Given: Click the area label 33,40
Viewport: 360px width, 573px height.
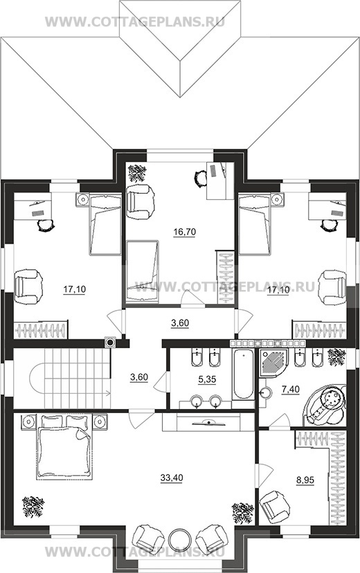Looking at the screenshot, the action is pos(172,477).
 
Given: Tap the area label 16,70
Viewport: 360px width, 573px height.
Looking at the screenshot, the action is pos(185,231).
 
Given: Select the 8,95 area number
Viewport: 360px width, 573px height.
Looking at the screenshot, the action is pos(305,480).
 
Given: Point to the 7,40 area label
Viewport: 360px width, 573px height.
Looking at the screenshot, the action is pos(291,390).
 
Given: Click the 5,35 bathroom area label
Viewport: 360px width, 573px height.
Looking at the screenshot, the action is pos(207,379).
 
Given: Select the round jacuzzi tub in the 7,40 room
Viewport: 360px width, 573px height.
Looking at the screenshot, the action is pos(324,404).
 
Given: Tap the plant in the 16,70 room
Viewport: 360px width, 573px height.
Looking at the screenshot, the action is pos(137,173).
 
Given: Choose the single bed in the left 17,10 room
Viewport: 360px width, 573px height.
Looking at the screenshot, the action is pos(105,224).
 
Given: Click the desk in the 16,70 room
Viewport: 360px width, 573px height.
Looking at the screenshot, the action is pos(219,181).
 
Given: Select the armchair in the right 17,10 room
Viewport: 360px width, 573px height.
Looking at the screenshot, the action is pos(332,287).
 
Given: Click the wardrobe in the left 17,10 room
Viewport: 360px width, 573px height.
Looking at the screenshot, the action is pos(41,329).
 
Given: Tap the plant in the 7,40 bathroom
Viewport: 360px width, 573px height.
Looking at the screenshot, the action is pos(336,357).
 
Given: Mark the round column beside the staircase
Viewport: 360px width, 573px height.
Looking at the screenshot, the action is pos(110,343).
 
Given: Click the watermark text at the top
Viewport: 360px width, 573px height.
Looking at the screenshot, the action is pos(135,21).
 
